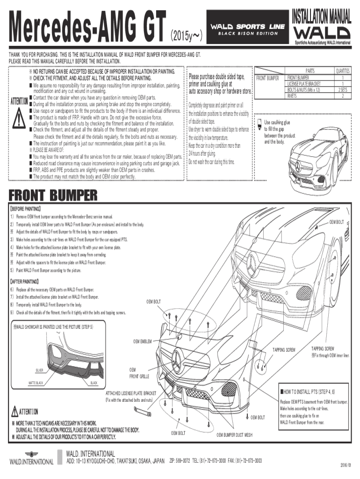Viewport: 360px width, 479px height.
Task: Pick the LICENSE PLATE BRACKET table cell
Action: pos(304,83)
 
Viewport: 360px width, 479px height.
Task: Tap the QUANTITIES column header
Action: pos(343,71)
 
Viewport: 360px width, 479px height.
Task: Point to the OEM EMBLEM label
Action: pos(143,341)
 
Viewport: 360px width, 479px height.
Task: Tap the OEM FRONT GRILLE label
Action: pos(139,373)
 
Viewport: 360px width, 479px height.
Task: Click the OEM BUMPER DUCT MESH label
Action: pos(234,435)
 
